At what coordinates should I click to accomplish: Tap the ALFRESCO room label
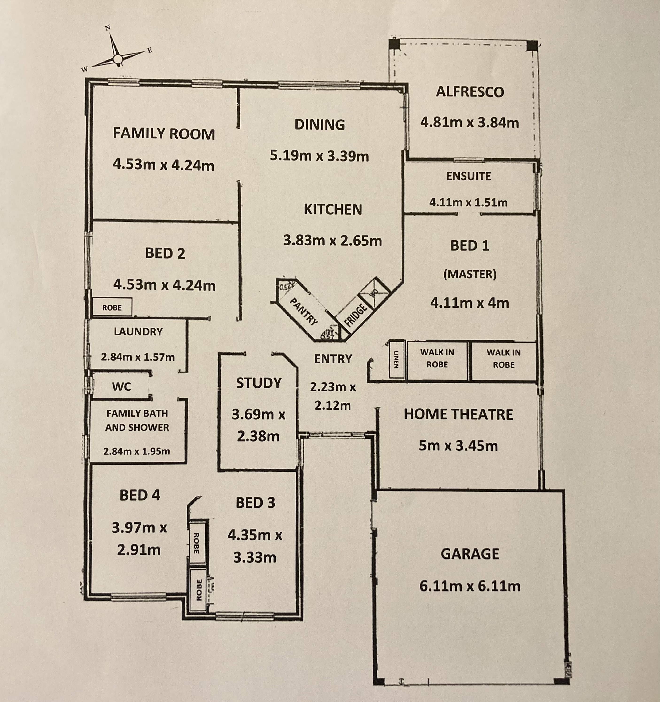[x=470, y=92]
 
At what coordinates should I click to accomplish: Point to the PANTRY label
[x=304, y=311]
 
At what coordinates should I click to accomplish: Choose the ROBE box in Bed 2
[x=112, y=308]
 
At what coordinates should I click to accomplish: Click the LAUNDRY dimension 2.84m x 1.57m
[x=138, y=357]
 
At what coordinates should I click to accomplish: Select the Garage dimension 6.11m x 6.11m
[x=470, y=586]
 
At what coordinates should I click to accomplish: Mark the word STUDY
[x=259, y=383]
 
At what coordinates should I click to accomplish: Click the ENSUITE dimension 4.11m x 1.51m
[x=468, y=202]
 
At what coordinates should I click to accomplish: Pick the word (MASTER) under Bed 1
[x=470, y=274]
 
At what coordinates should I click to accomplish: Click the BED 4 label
[x=140, y=495]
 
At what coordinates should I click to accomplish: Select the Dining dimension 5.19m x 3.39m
[x=319, y=156]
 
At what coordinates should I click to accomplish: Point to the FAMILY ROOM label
[x=164, y=134]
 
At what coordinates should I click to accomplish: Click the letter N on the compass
[x=108, y=28]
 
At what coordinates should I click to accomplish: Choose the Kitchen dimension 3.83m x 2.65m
[x=333, y=241]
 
